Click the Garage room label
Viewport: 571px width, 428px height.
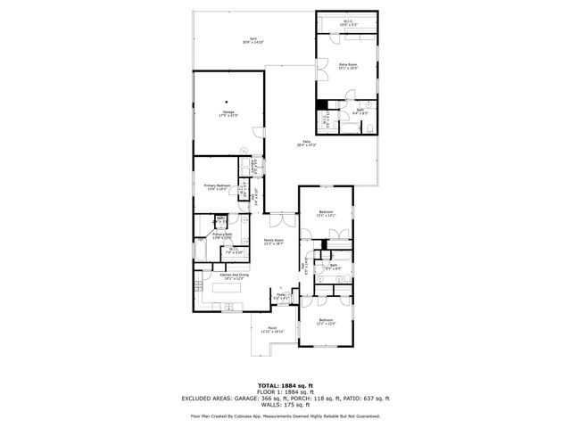[228, 112]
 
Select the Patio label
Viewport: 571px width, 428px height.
[306, 144]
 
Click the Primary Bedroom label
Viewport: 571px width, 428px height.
[218, 187]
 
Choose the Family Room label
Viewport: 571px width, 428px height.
[273, 242]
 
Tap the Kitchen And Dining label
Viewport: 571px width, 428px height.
[234, 277]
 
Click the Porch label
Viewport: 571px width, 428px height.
[273, 329]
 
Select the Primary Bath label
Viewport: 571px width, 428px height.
[222, 235]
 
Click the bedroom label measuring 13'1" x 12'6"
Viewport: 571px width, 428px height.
[326, 322]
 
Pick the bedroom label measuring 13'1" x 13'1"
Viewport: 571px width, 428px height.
[326, 214]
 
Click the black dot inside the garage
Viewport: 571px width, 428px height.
[228, 100]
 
